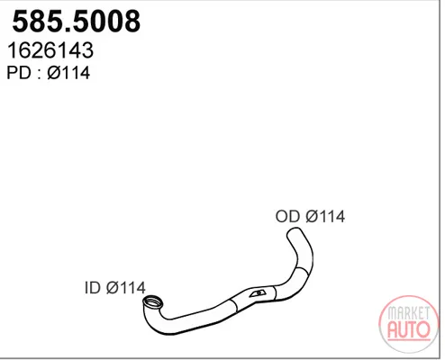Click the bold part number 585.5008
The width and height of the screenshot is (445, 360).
pyautogui.click(x=77, y=22)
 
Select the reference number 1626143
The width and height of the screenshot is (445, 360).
pyautogui.click(x=50, y=50)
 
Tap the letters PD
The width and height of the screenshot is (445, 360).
pyautogui.click(x=19, y=73)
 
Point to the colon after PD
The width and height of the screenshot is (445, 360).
pyautogui.click(x=39, y=75)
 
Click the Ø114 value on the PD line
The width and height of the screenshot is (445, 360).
pyautogui.click(x=68, y=73)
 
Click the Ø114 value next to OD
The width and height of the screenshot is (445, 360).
pyautogui.click(x=325, y=216)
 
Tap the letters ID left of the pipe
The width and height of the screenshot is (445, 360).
pyautogui.click(x=93, y=288)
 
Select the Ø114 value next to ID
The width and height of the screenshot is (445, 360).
pyautogui.click(x=126, y=288)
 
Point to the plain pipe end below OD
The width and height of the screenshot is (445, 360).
pyautogui.click(x=294, y=232)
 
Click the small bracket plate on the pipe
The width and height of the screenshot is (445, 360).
pyautogui.click(x=257, y=293)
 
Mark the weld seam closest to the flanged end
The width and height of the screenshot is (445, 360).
pyautogui.click(x=234, y=305)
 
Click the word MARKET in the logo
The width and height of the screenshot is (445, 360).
pyautogui.click(x=409, y=313)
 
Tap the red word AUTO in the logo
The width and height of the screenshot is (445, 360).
pyautogui.click(x=409, y=329)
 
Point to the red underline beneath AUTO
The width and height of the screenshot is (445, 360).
pyautogui.click(x=409, y=341)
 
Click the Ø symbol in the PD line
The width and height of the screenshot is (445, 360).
pyautogui.click(x=53, y=73)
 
